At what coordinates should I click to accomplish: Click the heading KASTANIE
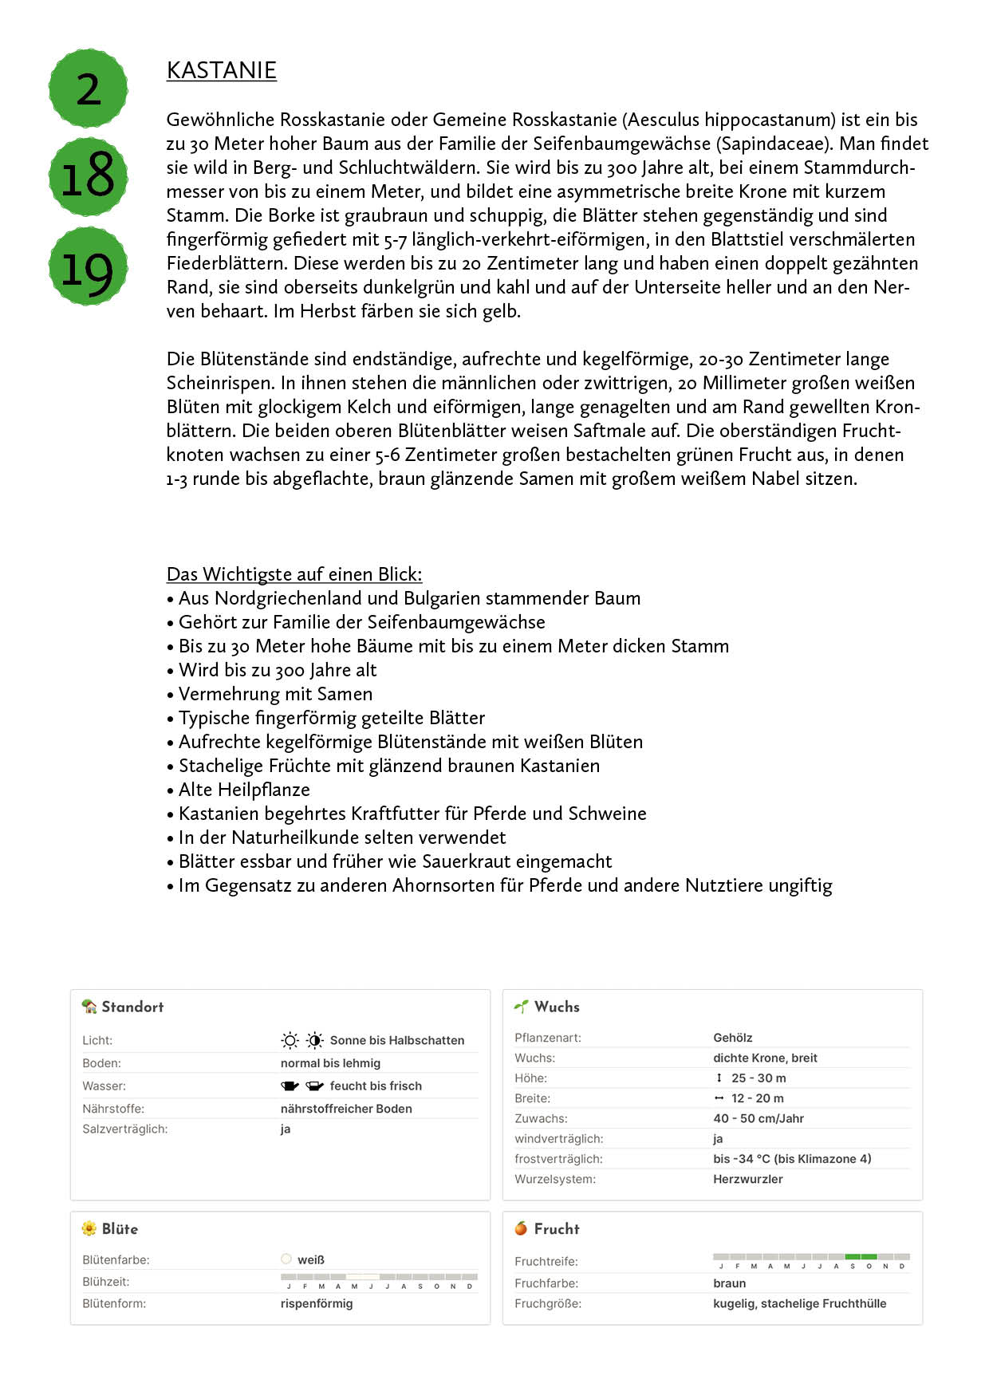coord(221,70)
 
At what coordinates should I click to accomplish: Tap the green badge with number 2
coord(89,89)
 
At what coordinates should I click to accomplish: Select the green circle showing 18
coord(89,177)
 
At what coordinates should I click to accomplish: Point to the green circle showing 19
coord(89,266)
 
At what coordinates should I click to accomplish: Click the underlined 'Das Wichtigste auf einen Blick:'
coord(294,574)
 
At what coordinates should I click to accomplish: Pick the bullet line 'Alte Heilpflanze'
coord(244,790)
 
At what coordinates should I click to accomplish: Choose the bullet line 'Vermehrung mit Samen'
coord(275,694)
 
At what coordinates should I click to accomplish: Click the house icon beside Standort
coord(89,1007)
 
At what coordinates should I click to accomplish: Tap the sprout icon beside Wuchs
coord(522,1007)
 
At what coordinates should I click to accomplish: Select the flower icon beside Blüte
coord(89,1228)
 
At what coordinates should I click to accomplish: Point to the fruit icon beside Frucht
coord(522,1228)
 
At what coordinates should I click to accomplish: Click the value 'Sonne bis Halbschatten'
coord(396,1040)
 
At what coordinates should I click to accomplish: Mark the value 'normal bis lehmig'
coord(330,1063)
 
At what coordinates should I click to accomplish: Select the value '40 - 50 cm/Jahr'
coord(758,1118)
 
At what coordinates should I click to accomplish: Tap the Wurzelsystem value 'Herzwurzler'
coord(748,1179)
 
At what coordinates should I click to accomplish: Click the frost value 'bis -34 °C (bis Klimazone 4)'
coord(792,1159)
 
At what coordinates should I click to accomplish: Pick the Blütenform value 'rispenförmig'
coord(317,1303)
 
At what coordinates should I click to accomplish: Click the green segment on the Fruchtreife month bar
coord(861,1257)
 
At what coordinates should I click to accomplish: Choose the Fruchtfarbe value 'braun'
coord(730,1283)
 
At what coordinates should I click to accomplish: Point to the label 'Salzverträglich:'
coord(125,1129)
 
